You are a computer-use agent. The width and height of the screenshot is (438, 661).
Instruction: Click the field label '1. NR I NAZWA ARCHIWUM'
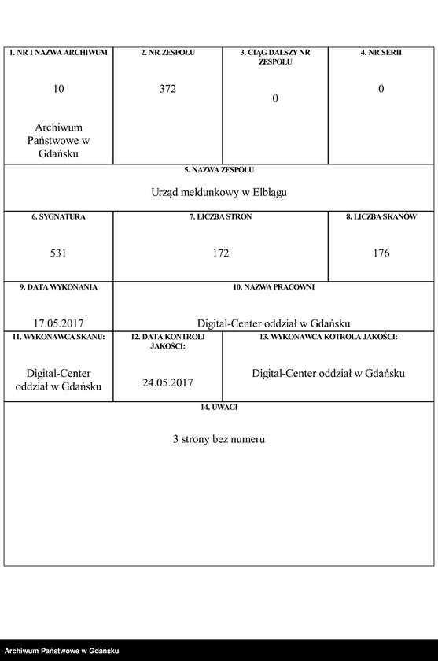58,53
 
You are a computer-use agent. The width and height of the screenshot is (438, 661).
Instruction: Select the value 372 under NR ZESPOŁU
167,89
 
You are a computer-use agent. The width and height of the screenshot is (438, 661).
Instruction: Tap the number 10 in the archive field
59,89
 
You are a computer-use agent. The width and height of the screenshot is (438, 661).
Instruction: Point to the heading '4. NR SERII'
381,53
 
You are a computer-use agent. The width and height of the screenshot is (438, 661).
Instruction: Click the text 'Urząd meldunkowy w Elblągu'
219,191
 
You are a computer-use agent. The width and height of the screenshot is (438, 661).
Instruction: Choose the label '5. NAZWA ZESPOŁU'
219,169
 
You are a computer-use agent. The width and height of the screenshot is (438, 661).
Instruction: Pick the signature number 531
59,253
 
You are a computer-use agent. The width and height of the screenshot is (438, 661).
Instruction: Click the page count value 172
220,253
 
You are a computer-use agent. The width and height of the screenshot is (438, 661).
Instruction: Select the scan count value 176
381,253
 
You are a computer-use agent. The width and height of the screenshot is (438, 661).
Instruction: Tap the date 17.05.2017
59,323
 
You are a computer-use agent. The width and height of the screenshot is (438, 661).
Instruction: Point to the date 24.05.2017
167,382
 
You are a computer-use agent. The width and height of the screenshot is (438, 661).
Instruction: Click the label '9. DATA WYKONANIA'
59,287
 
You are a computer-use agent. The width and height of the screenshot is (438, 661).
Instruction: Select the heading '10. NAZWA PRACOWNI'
274,287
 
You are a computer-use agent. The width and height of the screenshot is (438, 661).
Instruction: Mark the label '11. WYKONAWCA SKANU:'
59,337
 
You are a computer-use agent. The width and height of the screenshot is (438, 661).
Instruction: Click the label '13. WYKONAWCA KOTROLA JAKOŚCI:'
329,337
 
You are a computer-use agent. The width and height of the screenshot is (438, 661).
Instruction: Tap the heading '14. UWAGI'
219,407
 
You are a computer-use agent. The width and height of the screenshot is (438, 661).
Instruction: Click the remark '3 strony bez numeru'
219,439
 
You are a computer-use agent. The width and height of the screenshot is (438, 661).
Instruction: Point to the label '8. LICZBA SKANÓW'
381,216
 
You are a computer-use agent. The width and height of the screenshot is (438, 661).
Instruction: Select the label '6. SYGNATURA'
59,216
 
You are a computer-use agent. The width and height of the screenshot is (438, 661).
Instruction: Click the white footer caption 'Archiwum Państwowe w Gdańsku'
61,651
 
